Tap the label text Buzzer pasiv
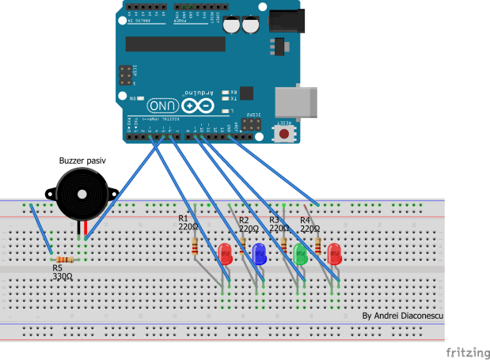point(82,161)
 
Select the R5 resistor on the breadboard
point(63,259)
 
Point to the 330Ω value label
point(63,277)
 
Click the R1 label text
point(184,218)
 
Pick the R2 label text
point(244,219)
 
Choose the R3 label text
point(274,219)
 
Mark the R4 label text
point(305,219)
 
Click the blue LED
point(259,253)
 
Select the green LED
point(300,254)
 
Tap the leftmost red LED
point(226,253)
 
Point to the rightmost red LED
point(333,253)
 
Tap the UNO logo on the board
point(162,105)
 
